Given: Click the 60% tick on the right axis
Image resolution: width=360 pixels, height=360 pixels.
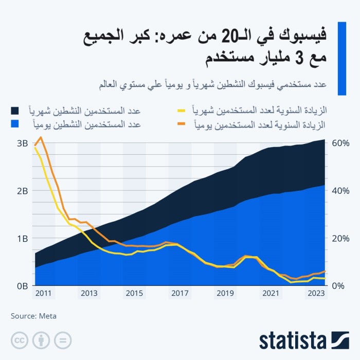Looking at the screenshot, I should [340, 143].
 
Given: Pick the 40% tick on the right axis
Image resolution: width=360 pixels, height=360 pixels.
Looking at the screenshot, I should [340, 191].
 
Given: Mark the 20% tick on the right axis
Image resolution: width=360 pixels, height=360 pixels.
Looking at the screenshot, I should [340, 238].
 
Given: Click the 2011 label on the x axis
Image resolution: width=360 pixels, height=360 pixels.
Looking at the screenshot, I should [43, 294].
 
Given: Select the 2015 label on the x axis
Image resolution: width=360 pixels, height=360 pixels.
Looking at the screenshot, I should [134, 294].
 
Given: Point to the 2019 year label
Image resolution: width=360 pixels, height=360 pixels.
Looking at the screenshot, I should [225, 294].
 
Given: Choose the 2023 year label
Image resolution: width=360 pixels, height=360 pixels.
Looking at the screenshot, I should [315, 294].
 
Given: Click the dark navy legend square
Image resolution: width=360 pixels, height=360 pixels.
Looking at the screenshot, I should [14, 111].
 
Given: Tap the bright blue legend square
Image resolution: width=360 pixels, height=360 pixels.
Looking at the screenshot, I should [14, 124].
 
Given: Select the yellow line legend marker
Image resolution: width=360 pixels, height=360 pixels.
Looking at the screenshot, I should [182, 111].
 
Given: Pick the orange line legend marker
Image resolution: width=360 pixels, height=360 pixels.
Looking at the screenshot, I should [182, 124].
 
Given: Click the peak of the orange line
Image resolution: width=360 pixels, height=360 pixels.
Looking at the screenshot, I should [41, 137].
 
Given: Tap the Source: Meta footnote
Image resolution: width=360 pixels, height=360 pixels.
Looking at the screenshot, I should [33, 316].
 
